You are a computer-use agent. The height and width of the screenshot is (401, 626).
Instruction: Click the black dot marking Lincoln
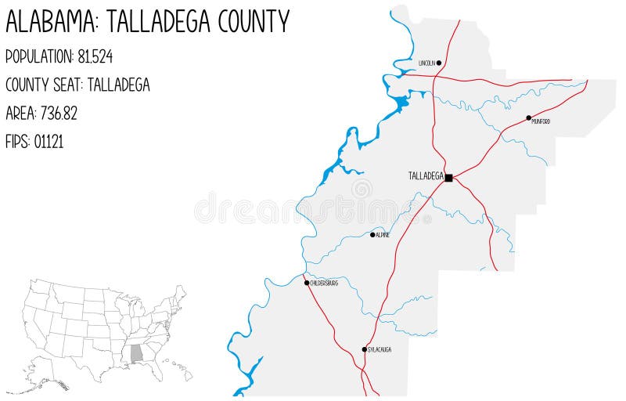(439, 63)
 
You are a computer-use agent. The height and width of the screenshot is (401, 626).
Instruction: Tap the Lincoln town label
(426, 63)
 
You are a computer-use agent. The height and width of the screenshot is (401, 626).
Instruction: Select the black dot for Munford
(529, 117)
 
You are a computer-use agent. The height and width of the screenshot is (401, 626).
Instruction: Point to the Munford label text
(541, 121)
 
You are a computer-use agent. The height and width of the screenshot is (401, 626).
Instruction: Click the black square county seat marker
(448, 178)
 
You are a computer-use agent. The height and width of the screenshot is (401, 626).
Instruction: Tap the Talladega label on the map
(426, 176)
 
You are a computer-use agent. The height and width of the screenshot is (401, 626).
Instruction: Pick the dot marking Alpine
(372, 234)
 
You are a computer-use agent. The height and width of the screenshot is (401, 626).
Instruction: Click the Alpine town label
(383, 235)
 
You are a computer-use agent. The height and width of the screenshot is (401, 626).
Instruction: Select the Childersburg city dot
(307, 282)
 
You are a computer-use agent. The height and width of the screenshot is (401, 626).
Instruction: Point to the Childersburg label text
(324, 283)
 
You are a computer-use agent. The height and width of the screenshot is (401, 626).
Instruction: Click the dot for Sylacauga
(364, 349)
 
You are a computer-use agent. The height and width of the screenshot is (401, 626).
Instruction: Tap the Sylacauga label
(379, 349)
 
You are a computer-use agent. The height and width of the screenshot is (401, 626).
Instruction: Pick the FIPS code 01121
(49, 142)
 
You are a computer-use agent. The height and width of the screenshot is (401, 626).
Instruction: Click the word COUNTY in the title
(250, 21)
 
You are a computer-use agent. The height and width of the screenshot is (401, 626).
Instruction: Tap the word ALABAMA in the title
(51, 21)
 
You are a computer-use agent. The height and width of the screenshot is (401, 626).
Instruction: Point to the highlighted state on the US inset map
(136, 353)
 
